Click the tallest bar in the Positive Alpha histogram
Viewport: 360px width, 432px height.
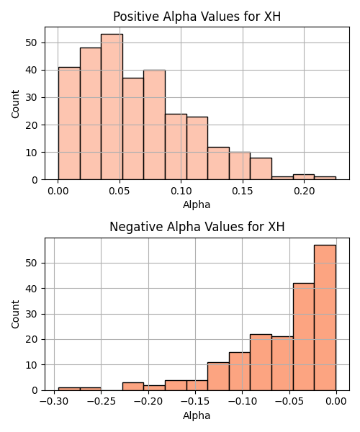coord(112,107)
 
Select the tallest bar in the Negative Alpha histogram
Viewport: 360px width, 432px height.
coord(325,318)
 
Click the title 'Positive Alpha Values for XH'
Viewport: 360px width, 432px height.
coord(197,17)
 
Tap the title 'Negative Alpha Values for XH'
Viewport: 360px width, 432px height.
coord(197,227)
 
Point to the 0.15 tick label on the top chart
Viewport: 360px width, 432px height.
coord(243,191)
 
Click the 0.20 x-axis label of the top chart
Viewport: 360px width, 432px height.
coord(304,191)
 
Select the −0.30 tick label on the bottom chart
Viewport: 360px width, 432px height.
coord(54,402)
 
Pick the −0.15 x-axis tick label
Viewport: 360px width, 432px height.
coord(195,402)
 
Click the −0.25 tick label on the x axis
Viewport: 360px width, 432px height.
coord(101,402)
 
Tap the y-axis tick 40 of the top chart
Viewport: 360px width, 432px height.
coord(31,71)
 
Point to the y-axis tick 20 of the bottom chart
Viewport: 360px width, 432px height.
coord(31,339)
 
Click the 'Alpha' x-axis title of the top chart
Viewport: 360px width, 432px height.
coord(197,204)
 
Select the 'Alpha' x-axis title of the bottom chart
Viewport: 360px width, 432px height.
coord(197,415)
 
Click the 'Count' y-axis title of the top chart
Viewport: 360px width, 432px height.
coord(15,104)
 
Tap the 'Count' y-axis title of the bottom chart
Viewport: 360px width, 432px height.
coord(15,315)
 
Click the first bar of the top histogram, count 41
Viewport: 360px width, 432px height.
coord(69,123)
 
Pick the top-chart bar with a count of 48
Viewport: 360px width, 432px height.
coord(91,114)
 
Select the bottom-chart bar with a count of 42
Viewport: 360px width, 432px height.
coord(304,337)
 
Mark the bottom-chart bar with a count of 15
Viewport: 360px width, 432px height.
coord(240,372)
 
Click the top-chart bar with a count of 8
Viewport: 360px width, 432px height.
coord(261,168)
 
